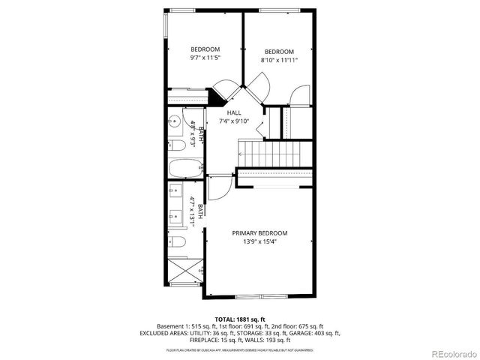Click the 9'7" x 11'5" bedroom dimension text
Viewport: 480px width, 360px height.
(x=204, y=57)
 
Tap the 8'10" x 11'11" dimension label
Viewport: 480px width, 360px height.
(x=279, y=59)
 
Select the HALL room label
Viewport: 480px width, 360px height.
(x=234, y=112)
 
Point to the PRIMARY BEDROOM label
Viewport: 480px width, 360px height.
(x=259, y=233)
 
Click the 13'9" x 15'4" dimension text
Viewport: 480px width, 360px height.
(x=259, y=241)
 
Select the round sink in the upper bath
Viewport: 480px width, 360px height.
(x=172, y=119)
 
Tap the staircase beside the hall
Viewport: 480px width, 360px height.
(x=274, y=155)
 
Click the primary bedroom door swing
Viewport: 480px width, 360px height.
(x=219, y=188)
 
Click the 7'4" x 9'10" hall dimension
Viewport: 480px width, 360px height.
(x=234, y=121)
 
